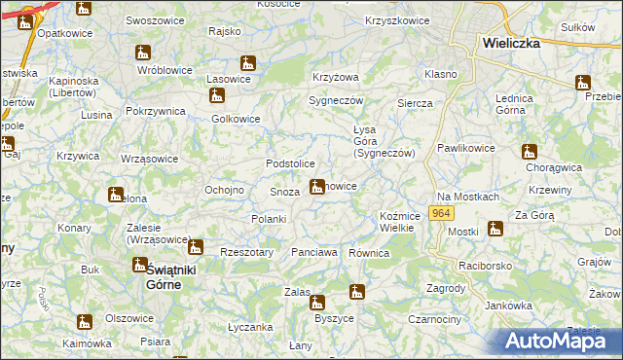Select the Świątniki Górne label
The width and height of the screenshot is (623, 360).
click(x=161, y=276)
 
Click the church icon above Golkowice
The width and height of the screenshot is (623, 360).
click(x=216, y=95)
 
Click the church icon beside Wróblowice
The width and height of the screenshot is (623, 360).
click(x=145, y=53)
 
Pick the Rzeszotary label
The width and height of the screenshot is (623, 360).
click(x=244, y=251)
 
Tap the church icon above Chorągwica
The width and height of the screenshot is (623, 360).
click(x=530, y=151)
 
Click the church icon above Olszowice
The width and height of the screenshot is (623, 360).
click(x=86, y=321)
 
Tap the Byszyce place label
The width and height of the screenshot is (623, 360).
click(x=333, y=317)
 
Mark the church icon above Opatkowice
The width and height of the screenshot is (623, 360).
click(x=84, y=9)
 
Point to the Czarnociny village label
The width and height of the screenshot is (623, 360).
click(x=434, y=319)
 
